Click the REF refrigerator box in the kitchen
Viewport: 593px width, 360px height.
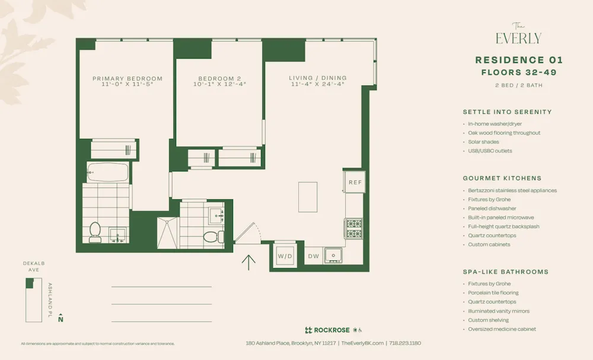[355, 182]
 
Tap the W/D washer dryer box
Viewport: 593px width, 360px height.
[285, 256]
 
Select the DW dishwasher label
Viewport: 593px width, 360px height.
[313, 256]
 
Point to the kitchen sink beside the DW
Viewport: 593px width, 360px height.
[334, 255]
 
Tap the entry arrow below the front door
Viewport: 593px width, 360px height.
[248, 262]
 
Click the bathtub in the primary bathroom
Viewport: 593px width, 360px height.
[107, 172]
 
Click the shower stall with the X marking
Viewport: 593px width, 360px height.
[167, 232]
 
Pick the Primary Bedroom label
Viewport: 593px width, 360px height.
[127, 78]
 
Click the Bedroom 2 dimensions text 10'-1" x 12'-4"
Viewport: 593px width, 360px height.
[219, 84]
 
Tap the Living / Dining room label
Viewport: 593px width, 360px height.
[318, 78]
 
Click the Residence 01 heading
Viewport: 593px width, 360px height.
[519, 60]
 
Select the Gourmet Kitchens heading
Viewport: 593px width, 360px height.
[502, 178]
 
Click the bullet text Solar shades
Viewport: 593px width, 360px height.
[483, 142]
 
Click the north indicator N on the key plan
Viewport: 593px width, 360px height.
[60, 319]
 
